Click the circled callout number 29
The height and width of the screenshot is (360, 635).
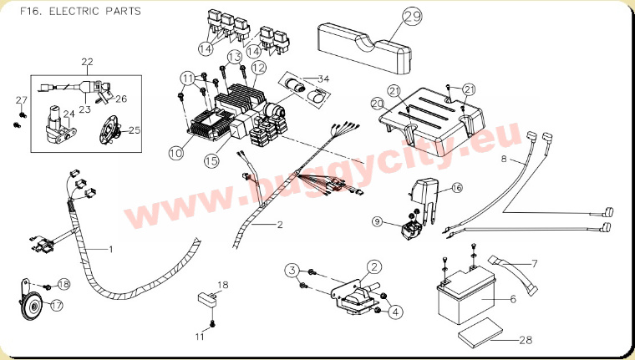tap(412, 17)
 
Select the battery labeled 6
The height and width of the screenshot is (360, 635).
tap(465, 297)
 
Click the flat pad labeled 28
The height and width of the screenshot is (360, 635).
tap(480, 333)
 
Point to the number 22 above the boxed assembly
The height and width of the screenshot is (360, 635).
tap(87, 62)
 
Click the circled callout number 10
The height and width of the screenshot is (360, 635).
tap(176, 153)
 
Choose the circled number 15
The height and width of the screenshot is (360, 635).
tap(211, 160)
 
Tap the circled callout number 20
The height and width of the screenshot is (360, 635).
tap(378, 104)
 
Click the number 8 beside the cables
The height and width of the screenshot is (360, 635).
tap(504, 159)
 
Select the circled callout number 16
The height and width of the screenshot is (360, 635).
tap(456, 188)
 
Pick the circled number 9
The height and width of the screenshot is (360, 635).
tap(378, 221)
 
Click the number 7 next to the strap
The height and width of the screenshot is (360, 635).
tap(534, 264)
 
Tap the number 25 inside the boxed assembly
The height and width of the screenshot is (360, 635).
tap(135, 130)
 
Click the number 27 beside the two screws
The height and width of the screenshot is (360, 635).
tap(22, 100)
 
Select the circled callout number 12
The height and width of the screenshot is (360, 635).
tap(259, 68)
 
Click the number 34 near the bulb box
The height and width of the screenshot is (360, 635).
tap(323, 79)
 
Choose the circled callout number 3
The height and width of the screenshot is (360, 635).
tap(292, 270)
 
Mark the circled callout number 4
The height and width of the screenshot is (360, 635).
tap(395, 312)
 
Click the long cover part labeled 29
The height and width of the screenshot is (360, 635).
tap(364, 48)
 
